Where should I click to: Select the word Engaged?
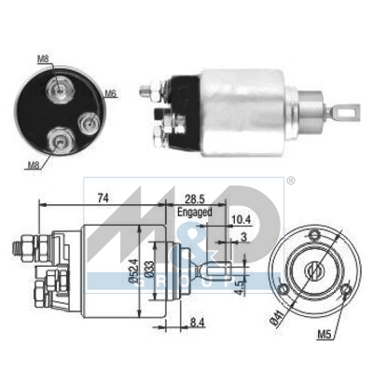[194, 212]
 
